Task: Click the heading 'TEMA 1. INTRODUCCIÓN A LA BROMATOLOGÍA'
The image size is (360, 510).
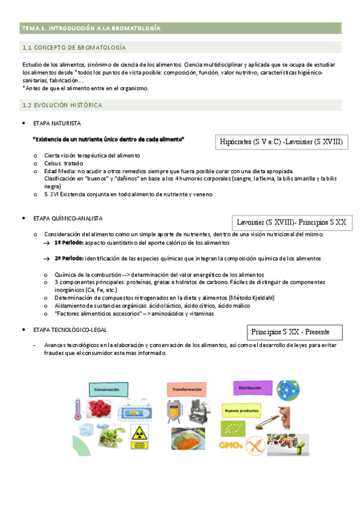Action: tap(91, 28)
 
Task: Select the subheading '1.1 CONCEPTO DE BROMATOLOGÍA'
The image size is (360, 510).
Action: tap(74, 48)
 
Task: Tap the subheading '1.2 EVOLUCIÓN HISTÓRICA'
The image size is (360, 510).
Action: tap(62, 105)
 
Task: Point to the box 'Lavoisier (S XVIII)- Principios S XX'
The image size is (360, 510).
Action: tap(291, 222)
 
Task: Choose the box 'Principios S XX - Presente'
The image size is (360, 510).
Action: tap(295, 331)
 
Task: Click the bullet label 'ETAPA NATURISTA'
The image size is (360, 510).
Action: tap(57, 123)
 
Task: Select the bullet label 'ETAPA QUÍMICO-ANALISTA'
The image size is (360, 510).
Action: tap(68, 218)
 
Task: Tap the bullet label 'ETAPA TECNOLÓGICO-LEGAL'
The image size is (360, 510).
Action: tap(70, 330)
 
